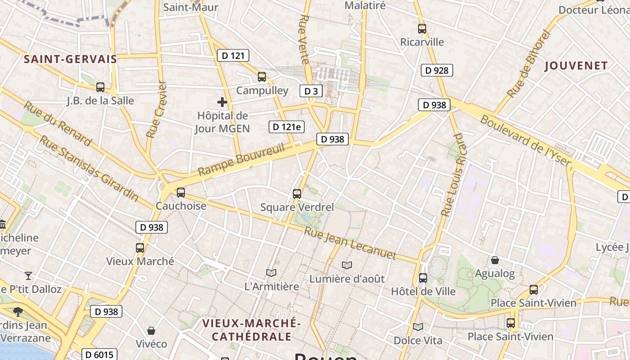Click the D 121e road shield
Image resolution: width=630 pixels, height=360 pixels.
pos(287,127)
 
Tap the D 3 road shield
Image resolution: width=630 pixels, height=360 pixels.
pos(311,91)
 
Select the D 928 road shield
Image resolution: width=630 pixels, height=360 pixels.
pos(436,70)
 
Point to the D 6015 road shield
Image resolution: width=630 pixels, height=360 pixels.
pos(99,355)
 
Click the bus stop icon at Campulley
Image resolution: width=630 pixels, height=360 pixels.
pos(262,77)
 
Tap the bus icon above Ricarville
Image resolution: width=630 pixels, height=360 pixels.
pos(422,29)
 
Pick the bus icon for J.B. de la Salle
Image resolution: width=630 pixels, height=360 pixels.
pos(100,87)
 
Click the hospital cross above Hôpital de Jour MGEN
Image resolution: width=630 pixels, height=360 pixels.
pos(222,102)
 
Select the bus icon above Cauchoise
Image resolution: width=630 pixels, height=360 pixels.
pos(181,193)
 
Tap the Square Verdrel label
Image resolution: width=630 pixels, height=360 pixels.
pos(297,207)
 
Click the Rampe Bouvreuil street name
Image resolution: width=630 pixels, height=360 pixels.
pos(241,160)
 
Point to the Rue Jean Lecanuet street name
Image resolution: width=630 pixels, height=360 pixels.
pos(350,243)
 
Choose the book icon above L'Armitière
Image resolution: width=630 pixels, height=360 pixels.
pos(271,273)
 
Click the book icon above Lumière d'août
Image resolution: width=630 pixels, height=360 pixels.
pos(346,265)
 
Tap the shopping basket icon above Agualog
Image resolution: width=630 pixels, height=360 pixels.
pos(495,260)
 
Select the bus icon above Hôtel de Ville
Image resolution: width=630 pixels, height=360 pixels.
pos(423,278)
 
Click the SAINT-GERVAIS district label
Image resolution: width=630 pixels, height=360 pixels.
pos(70,59)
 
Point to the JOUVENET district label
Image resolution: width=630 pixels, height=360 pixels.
pos(576,66)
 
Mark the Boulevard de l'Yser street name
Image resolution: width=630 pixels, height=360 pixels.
pos(526,141)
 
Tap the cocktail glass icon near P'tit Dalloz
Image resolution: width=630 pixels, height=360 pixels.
pos(29,275)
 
